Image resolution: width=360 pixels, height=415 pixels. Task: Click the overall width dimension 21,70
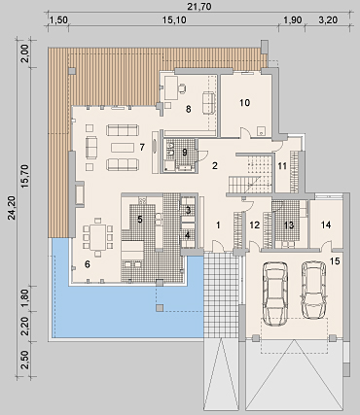click(199, 6)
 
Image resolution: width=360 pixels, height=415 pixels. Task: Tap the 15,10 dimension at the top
click(174, 20)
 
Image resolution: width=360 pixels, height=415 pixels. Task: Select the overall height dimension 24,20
click(12, 208)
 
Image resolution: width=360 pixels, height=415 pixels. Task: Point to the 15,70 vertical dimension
click(26, 176)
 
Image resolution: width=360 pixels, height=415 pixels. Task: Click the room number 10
click(245, 103)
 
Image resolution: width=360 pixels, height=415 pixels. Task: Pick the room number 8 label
click(189, 109)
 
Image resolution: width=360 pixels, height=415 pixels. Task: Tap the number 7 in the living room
click(142, 147)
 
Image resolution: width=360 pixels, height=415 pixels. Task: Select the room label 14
click(326, 225)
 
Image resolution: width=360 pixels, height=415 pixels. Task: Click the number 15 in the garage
click(335, 260)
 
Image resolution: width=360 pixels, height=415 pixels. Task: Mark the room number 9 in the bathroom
click(185, 152)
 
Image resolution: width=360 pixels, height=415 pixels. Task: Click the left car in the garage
click(276, 294)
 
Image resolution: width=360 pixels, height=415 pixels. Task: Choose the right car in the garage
click(313, 290)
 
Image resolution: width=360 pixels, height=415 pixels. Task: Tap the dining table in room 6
click(97, 237)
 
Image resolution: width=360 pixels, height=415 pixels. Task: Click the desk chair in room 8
click(183, 87)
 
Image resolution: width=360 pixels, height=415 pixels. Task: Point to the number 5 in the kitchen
click(140, 220)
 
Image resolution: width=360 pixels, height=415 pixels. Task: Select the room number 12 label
click(255, 225)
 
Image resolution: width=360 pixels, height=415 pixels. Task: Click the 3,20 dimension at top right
click(328, 20)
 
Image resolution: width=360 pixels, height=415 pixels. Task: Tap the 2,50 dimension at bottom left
click(26, 360)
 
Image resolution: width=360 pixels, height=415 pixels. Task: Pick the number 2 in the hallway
click(214, 165)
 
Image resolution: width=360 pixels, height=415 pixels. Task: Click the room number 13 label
click(289, 225)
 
